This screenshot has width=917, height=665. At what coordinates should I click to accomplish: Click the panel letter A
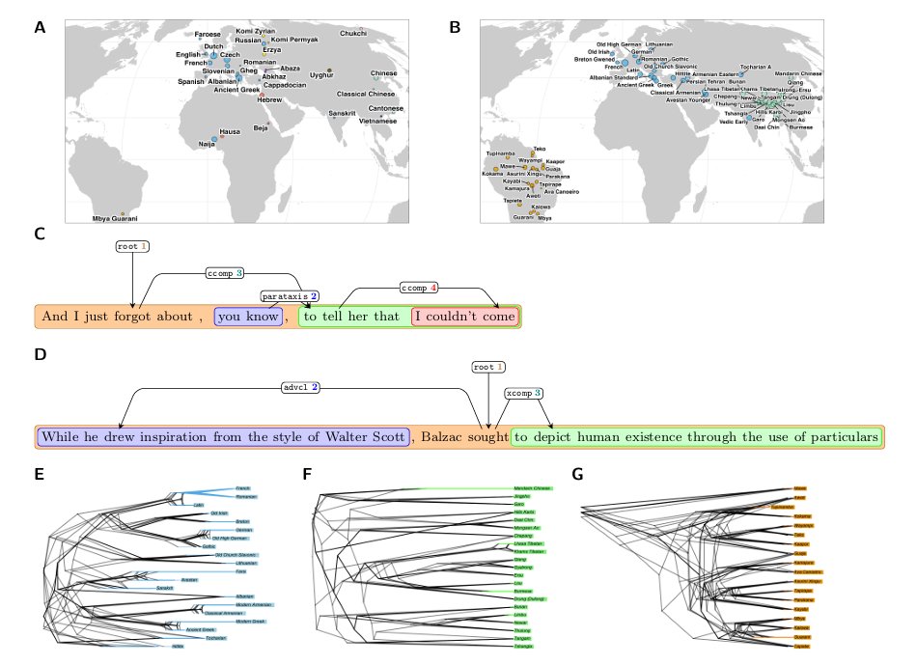coord(40,28)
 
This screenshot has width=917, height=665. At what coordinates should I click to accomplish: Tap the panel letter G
coord(578,474)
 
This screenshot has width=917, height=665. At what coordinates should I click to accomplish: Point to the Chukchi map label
coord(353,34)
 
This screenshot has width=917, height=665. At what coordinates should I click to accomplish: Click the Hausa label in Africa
coord(230,130)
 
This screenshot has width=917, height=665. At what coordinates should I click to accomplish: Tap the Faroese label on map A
coord(208,34)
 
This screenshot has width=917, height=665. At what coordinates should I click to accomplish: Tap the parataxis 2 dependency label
coord(290,295)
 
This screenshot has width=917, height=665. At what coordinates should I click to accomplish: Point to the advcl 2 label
coord(300,387)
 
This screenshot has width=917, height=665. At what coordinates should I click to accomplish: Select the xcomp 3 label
coord(525,394)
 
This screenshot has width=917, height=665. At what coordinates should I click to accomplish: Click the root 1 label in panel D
coord(488,367)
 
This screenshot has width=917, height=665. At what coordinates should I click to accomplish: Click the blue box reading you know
coord(248,316)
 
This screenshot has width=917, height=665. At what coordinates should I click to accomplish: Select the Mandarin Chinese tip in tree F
coord(530,489)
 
